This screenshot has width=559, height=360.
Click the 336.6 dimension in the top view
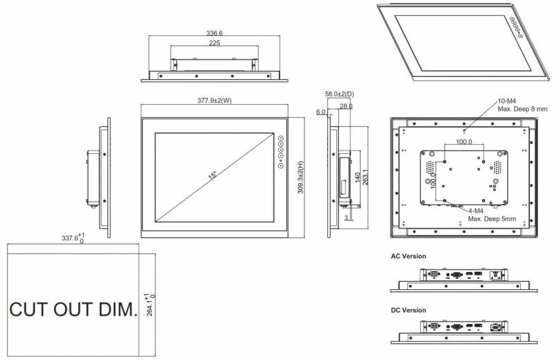tap(214, 33)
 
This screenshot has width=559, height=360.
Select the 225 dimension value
tap(214, 43)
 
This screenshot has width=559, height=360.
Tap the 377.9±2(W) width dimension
tap(214, 101)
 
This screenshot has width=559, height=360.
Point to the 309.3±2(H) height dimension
tap(300, 178)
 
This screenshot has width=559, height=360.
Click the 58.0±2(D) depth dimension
tap(339, 94)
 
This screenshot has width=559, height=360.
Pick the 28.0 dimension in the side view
tap(346, 106)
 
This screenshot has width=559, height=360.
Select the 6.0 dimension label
tap(321, 112)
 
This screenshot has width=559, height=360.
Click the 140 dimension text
tap(358, 178)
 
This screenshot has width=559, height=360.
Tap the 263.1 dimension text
tap(365, 177)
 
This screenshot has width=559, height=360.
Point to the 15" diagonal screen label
tap(212, 175)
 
